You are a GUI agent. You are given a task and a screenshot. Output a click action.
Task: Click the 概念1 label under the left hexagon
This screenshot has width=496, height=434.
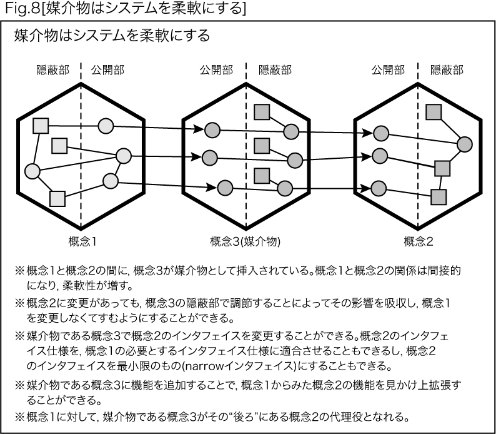[x=82, y=241]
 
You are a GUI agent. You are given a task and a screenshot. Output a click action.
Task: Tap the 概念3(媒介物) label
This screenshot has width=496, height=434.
[x=246, y=241]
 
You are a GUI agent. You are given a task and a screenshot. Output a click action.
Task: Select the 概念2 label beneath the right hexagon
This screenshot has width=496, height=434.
[x=418, y=241]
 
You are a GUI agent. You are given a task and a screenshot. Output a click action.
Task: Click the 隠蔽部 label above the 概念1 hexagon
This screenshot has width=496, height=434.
[x=53, y=70]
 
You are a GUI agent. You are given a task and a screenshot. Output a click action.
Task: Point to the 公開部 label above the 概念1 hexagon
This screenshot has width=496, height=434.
[x=107, y=70]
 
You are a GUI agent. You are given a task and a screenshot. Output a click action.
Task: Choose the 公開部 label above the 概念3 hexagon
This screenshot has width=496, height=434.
[x=216, y=70]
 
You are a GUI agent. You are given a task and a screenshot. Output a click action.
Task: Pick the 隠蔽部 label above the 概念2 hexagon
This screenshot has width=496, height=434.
[x=447, y=70]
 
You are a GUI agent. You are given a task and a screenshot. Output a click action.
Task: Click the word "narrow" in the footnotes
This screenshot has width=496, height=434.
[x=204, y=366]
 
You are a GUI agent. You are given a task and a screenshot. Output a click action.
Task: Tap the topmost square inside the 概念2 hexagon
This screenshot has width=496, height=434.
[x=434, y=112]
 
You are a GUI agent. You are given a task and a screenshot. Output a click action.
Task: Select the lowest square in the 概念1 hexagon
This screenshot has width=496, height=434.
[x=57, y=199]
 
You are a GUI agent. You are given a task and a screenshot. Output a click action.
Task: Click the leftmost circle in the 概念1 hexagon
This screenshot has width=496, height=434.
[x=32, y=171]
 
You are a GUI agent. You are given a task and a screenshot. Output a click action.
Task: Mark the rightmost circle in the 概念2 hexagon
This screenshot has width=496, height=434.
[x=465, y=144]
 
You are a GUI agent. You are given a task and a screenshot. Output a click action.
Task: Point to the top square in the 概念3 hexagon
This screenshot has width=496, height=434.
[x=262, y=112]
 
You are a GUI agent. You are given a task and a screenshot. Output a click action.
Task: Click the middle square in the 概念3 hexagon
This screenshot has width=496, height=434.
[x=262, y=146]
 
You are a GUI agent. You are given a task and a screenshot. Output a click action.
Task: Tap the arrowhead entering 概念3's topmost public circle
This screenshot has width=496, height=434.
[x=198, y=129]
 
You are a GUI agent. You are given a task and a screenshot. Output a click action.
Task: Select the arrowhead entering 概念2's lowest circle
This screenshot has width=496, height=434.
[x=365, y=188]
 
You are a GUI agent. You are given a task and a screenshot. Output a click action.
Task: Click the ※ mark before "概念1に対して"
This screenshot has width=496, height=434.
[x=19, y=417]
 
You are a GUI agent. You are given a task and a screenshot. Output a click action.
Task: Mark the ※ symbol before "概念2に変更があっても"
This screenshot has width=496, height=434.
[x=19, y=303]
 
